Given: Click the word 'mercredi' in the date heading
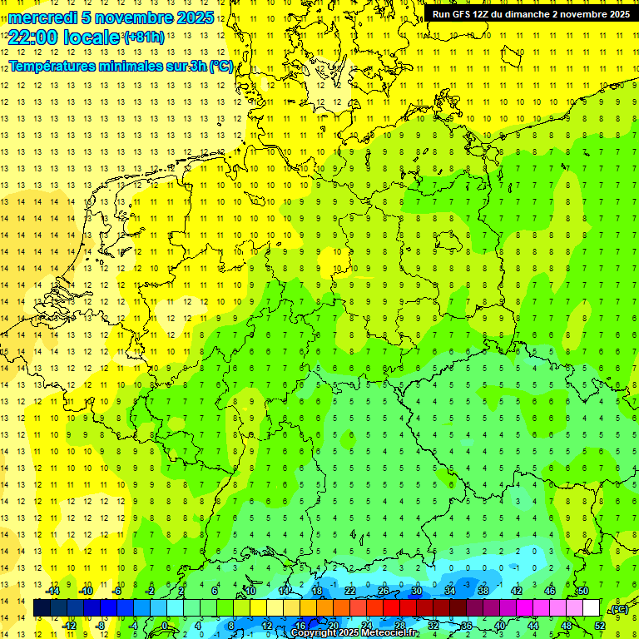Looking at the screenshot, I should pos(42,17).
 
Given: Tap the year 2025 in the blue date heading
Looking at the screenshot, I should pos(194,17).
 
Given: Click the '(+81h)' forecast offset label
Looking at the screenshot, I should pos(144,37).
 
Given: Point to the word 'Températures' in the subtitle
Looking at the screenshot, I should pos(52,67).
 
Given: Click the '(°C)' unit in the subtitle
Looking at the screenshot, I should pos(220,67).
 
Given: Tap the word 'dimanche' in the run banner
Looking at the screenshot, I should pos(543,14).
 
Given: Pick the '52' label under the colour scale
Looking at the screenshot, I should pos(599,625).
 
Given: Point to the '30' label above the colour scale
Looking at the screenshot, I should pos(416,591).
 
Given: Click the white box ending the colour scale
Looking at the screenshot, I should pos(591,608).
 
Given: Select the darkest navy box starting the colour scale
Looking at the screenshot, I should pos(42,608).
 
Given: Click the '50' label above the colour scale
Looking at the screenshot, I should pos(582,591).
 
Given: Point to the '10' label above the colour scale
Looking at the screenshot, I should pos(250,591).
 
